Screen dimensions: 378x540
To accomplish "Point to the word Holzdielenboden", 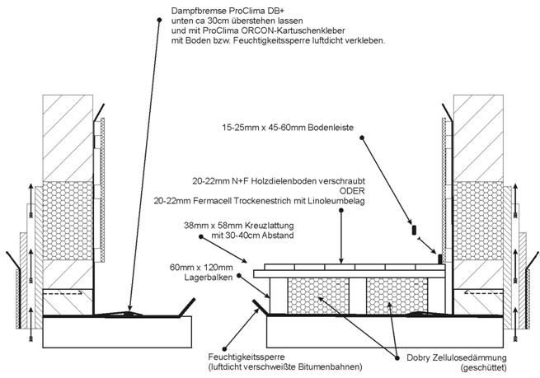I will [x=300, y=179].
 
